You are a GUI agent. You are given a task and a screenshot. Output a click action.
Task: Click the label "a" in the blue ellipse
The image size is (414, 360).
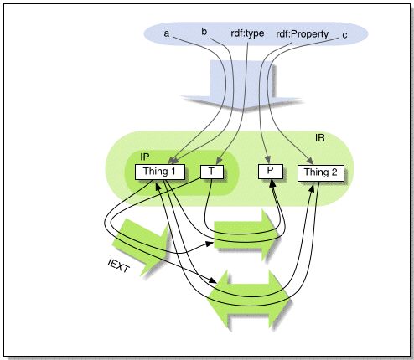[166, 33]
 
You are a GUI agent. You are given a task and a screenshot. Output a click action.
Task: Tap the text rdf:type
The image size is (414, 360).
[246, 33]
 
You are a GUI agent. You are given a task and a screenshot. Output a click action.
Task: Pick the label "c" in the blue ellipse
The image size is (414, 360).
[344, 34]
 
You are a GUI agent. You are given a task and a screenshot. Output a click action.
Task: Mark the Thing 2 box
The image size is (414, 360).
[320, 173]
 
